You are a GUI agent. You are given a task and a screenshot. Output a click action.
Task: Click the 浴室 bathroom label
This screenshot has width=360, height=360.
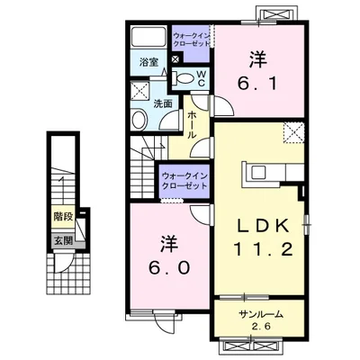pyautogui.click(x=148, y=63)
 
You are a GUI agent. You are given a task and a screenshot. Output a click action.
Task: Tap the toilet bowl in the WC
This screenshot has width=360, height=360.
pyautogui.click(x=184, y=78)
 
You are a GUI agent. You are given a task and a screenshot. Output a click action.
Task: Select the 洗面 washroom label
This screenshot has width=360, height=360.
pyautogui.click(x=163, y=103)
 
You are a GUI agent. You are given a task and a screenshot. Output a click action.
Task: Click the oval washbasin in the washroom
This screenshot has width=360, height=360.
pyautogui.click(x=139, y=121)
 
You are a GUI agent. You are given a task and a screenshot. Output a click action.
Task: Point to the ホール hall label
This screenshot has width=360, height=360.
pyautogui.click(x=191, y=125)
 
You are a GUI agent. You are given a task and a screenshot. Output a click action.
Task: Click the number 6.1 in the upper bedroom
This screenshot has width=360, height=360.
pyautogui.click(x=257, y=84)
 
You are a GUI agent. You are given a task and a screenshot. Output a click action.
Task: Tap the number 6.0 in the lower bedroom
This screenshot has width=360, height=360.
pyautogui.click(x=170, y=267)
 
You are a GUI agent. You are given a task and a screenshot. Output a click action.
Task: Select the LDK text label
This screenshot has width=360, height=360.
pyautogui.click(x=263, y=227)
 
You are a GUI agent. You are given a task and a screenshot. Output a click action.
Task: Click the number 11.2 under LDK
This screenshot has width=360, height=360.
pyautogui.click(x=263, y=249)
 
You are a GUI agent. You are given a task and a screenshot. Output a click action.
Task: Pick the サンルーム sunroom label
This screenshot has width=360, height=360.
pyautogui.click(x=261, y=314)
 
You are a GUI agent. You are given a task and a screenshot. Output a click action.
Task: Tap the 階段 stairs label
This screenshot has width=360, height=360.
pyautogui.click(x=63, y=216)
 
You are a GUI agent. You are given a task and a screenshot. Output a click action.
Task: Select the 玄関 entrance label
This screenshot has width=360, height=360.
pyautogui.click(x=63, y=240)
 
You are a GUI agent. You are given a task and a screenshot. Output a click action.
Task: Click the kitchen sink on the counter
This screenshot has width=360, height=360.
pyautogui.click(x=258, y=173)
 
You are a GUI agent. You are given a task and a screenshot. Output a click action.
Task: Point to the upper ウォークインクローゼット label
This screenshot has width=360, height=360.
pyautogui.click(x=192, y=40)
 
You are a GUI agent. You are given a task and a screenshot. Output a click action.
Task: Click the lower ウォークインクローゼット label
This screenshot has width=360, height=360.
pyautogui.click(x=184, y=181)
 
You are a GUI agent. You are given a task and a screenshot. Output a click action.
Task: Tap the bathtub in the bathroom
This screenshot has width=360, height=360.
pyautogui.click(x=149, y=36)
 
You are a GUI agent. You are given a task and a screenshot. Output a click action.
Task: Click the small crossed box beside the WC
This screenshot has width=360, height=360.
pyautogui.click(x=175, y=58)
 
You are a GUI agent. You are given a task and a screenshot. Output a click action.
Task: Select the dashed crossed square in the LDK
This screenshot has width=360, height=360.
pyautogui.click(x=294, y=133)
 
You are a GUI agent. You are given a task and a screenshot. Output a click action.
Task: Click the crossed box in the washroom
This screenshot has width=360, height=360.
pyautogui.click(x=140, y=89)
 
